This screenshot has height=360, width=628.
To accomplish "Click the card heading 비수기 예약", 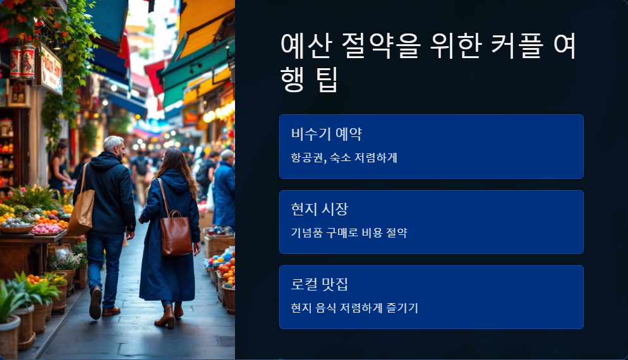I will click(326, 134).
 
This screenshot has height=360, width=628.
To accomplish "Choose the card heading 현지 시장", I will click(319, 209).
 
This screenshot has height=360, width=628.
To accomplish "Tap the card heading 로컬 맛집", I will click(319, 284).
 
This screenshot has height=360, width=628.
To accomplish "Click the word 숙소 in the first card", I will click(342, 158).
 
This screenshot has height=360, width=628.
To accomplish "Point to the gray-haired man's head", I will click(114, 146).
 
